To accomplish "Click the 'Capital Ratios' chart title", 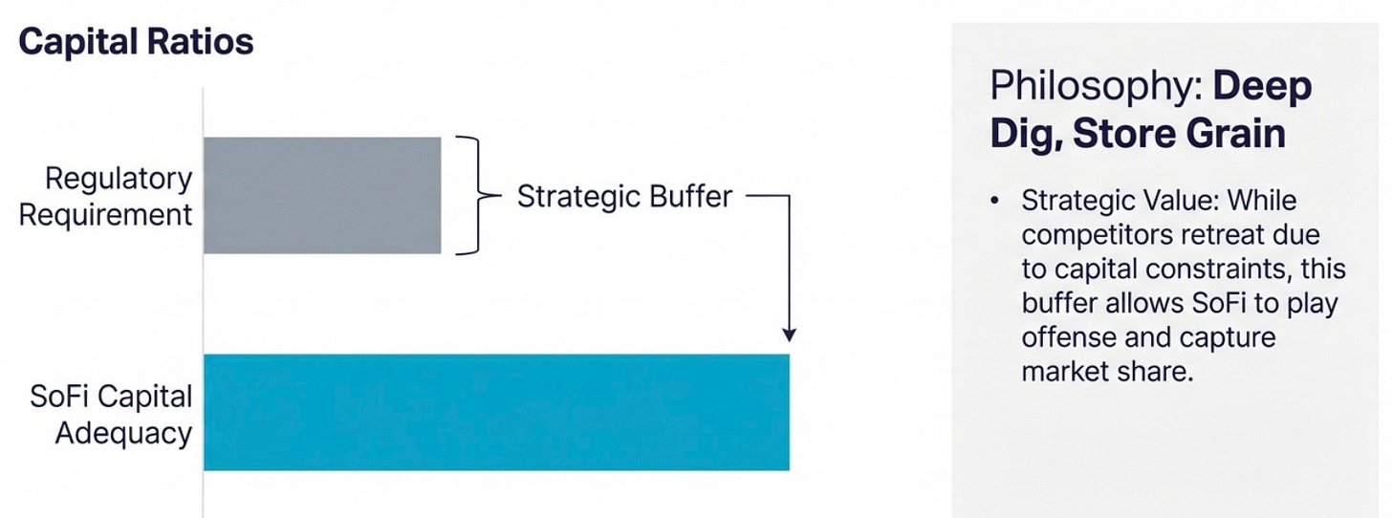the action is [x=136, y=42].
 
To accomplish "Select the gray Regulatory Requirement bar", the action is [x=322, y=196].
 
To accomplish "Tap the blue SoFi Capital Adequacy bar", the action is [x=496, y=412].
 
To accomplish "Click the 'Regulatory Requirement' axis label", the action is [x=105, y=196].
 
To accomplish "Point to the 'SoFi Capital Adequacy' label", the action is [x=111, y=414].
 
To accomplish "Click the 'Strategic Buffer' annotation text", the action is [x=624, y=196].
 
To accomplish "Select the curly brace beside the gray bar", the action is [x=478, y=196].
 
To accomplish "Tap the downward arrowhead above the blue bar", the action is [x=790, y=335].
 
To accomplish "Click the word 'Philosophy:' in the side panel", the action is [x=1097, y=87].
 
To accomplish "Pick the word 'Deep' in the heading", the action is [x=1262, y=87].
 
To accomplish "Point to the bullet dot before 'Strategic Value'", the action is [x=995, y=201].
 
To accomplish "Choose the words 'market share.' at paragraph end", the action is [x=1107, y=372].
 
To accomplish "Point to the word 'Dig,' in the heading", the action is [x=1027, y=135].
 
